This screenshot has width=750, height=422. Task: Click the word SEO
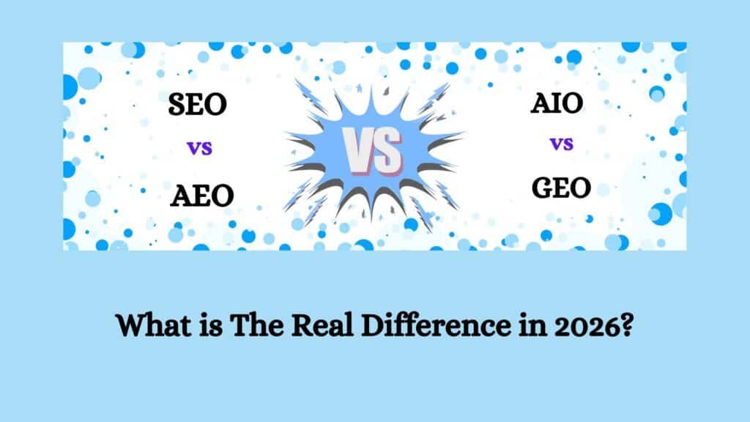click(x=198, y=105)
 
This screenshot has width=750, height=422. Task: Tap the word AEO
click(x=202, y=196)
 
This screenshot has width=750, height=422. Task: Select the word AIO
click(x=557, y=104)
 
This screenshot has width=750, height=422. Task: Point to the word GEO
click(x=561, y=188)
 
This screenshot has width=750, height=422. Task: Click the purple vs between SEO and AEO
click(x=200, y=149)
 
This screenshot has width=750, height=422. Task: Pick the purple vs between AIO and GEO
click(x=561, y=144)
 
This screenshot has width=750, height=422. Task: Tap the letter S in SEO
click(x=178, y=105)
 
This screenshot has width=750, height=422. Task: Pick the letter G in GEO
click(x=543, y=188)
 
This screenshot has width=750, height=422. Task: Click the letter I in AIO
click(x=557, y=104)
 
